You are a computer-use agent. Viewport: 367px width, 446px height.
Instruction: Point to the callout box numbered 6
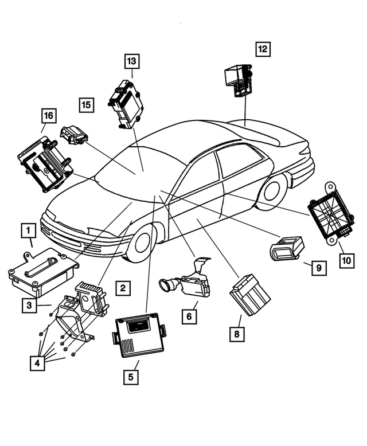188,315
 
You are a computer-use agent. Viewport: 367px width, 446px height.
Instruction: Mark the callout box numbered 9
318,267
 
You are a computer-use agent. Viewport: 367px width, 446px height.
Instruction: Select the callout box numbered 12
263,49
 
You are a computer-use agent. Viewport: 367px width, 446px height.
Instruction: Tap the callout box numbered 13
132,61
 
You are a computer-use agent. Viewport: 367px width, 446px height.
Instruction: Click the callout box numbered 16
48,116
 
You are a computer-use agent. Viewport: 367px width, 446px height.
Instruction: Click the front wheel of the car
141,243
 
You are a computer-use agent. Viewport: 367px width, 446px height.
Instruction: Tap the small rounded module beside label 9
285,249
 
